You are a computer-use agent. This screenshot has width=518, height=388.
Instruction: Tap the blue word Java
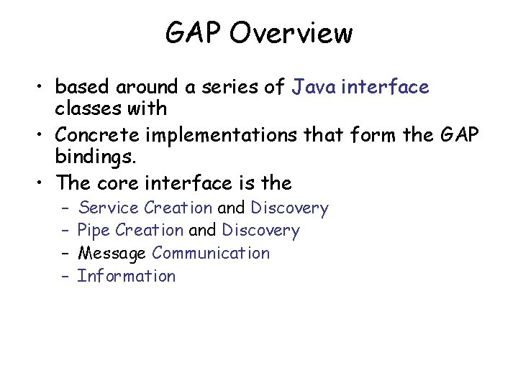pyautogui.click(x=314, y=88)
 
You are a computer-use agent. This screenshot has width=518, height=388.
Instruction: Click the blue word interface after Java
pyautogui.click(x=385, y=88)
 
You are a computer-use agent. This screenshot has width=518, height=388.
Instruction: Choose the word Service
pyautogui.click(x=109, y=208)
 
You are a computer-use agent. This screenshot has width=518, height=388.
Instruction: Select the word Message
pyautogui.click(x=112, y=253)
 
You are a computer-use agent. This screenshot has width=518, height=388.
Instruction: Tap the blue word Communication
pyautogui.click(x=211, y=253)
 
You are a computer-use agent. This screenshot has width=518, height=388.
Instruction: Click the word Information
pyautogui.click(x=126, y=276)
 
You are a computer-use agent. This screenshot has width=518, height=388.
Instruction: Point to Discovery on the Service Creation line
pyautogui.click(x=289, y=208)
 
